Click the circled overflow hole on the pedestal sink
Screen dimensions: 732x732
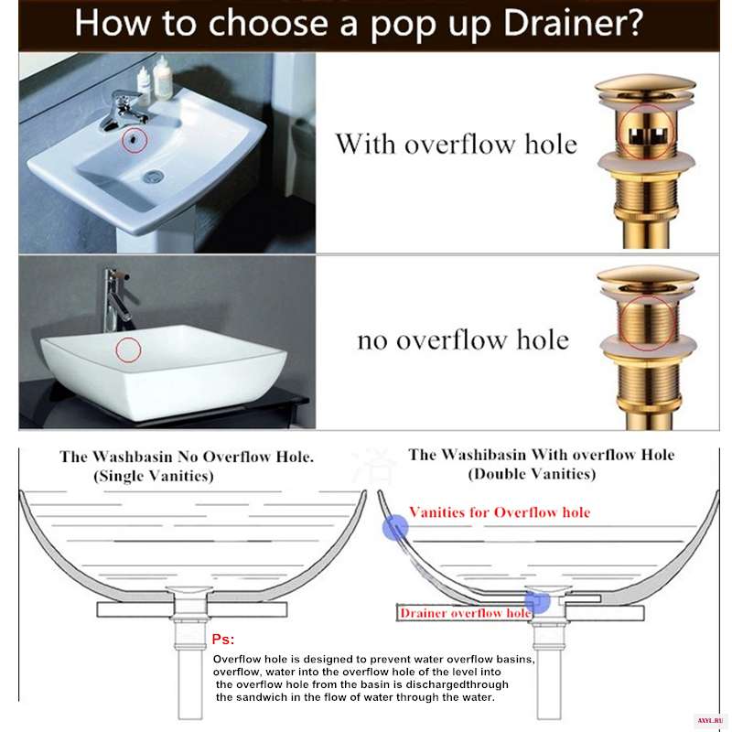pos(135,139)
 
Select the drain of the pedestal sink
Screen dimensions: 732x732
pos(153,176)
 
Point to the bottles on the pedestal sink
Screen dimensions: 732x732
pos(155,78)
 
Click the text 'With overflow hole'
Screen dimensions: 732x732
pos(457,144)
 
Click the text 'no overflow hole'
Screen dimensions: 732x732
pos(463,339)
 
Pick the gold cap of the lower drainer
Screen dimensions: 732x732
pos(648,278)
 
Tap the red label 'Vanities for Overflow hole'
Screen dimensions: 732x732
pos(500,512)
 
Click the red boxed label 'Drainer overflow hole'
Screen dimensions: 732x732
pos(465,613)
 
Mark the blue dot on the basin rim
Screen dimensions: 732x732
pos(395,528)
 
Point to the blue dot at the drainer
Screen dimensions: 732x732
pos(537,600)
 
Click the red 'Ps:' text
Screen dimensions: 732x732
pos(223,639)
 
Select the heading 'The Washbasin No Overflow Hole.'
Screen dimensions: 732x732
pos(187,457)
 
